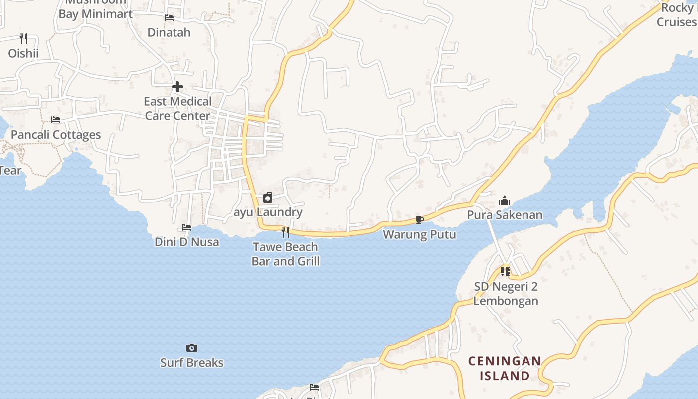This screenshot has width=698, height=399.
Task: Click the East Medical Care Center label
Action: coord(177,109)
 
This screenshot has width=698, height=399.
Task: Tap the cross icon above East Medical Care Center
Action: coord(177,87)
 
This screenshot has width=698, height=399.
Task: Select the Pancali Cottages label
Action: coord(56,135)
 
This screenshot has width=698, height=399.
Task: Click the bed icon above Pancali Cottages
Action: coord(56,120)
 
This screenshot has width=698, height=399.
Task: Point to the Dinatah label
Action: coord(169,33)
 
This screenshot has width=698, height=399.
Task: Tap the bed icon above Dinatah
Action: coord(169,18)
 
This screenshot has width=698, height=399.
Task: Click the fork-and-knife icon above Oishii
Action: coord(23,38)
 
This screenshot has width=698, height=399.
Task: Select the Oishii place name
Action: coord(23,53)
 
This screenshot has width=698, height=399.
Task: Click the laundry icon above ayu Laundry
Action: coord(268,198)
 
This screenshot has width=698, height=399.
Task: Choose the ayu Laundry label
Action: coord(268,212)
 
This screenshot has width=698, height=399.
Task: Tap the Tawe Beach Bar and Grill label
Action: coord(286,254)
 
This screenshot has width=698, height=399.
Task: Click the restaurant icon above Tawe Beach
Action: coord(285,232)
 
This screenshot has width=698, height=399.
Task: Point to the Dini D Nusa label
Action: coord(187,242)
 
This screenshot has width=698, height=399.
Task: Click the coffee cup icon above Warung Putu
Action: coord(420,220)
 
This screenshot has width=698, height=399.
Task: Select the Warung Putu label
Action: coord(419,234)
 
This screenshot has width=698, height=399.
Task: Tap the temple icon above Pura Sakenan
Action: coord(505,200)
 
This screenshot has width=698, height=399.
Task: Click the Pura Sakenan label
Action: coord(505,215)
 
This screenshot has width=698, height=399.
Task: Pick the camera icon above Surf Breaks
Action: coord(192,348)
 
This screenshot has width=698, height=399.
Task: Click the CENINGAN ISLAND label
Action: coord(505,368)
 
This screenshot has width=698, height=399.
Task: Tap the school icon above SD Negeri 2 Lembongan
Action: coord(506,272)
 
